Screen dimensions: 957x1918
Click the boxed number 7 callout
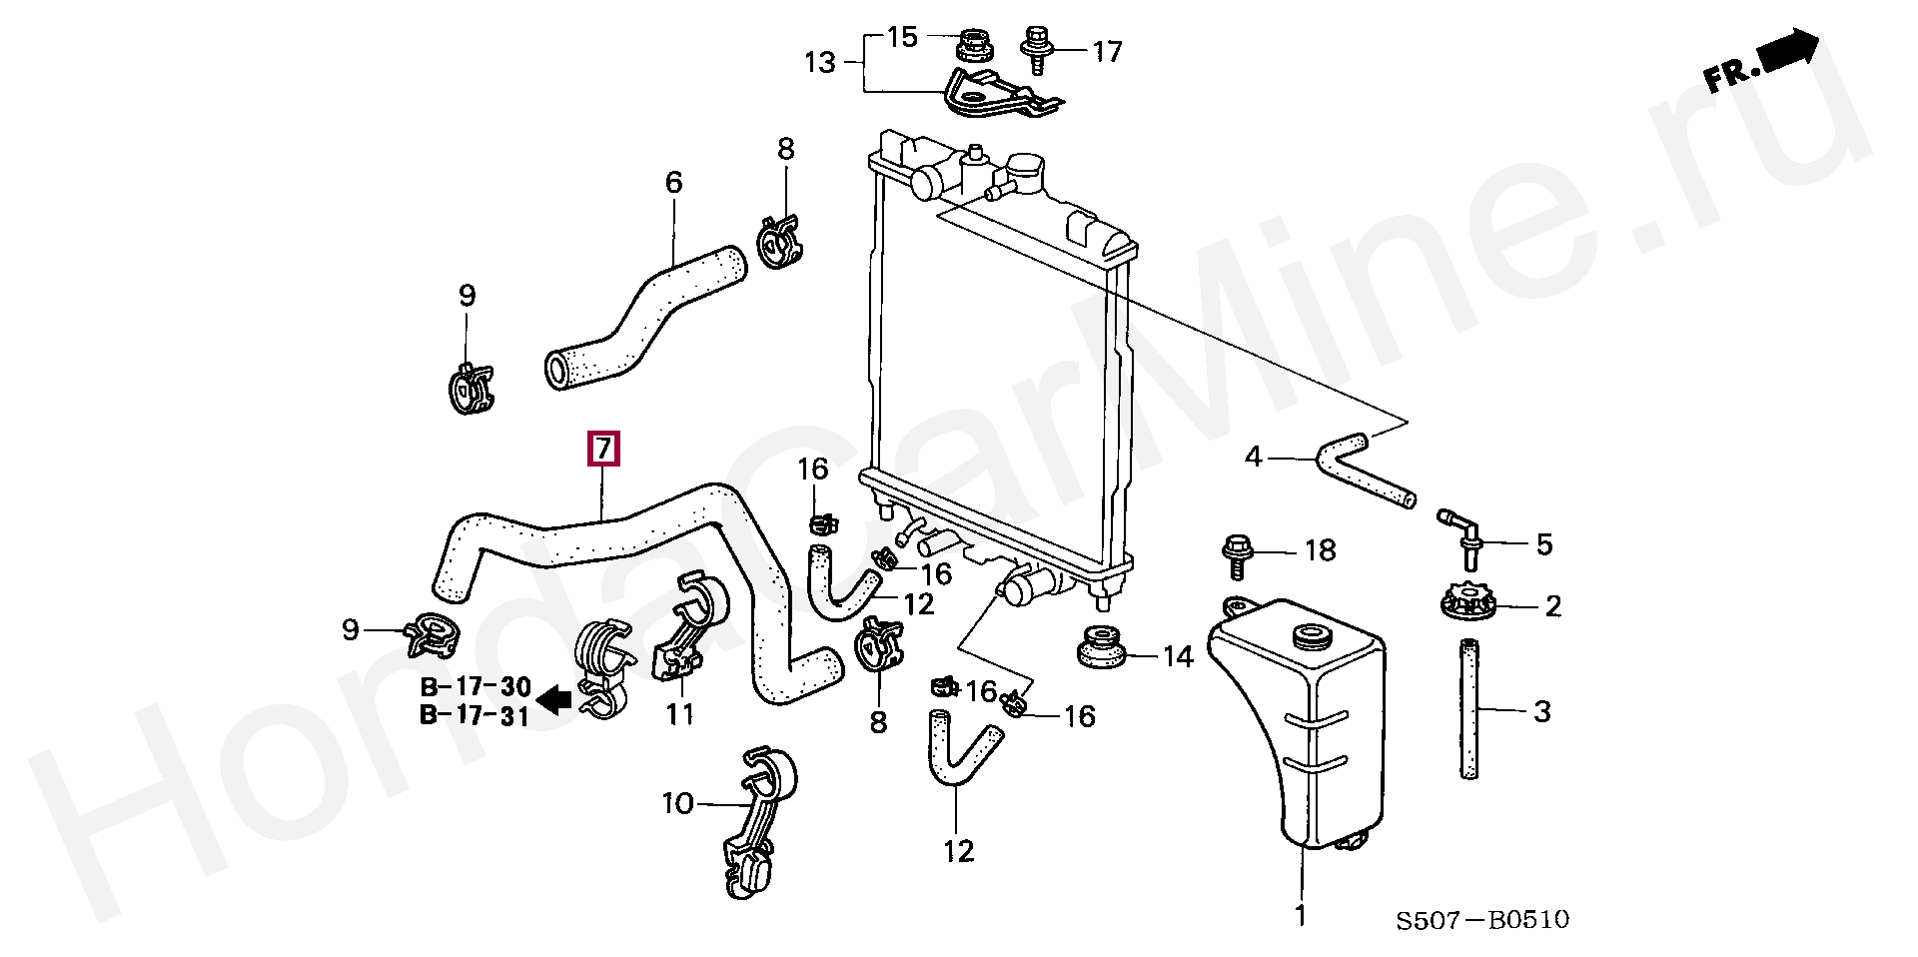603,450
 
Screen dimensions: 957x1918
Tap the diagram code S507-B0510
1482,920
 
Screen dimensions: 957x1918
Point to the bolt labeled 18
1235,555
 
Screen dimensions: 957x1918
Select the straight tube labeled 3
1469,709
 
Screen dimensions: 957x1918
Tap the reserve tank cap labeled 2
1466,603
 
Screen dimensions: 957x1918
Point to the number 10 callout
677,803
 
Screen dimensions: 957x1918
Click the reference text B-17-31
475,715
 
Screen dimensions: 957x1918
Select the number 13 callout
819,63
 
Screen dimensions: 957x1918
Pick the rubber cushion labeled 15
974,45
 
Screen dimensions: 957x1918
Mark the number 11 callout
680,714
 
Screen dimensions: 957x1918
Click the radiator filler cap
1024,171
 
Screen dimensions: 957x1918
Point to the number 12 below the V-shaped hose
958,851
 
